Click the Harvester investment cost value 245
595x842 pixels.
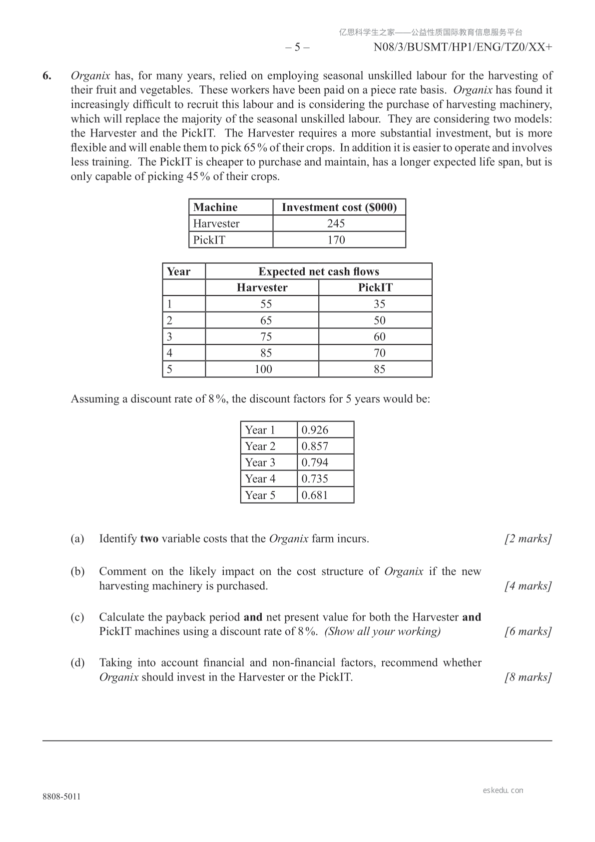click(x=336, y=223)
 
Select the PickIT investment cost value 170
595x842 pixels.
click(x=336, y=240)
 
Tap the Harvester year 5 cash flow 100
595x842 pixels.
click(x=263, y=369)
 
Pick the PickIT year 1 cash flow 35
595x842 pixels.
click(x=379, y=304)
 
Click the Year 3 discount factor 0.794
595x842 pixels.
click(x=315, y=462)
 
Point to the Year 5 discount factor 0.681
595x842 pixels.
click(x=315, y=495)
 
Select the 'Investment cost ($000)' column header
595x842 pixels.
click(x=339, y=207)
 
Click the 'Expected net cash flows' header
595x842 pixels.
click(x=319, y=271)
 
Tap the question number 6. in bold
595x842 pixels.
click(x=47, y=76)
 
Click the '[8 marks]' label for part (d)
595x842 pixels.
click(x=528, y=677)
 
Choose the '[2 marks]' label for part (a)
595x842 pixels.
click(x=528, y=539)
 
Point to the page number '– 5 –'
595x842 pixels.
click(x=297, y=47)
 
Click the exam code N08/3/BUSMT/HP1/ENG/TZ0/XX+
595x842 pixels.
click(x=463, y=47)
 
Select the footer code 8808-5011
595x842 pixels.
click(x=61, y=796)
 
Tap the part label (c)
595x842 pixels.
click(x=77, y=617)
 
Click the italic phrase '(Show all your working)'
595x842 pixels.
click(x=383, y=631)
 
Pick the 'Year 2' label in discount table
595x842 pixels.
click(x=260, y=446)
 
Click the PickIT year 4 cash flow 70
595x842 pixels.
click(x=379, y=353)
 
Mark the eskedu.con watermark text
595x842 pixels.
click(x=503, y=790)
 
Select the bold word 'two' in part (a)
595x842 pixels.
click(x=149, y=539)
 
